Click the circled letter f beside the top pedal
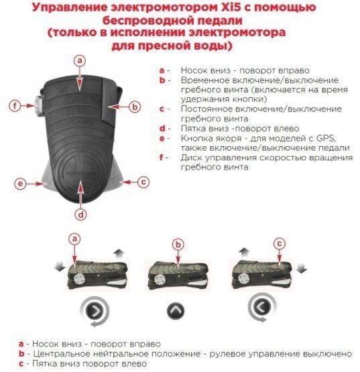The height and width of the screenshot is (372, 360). (15, 105)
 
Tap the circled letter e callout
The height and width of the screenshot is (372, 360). (20, 184)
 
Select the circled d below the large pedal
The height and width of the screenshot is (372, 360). (80, 214)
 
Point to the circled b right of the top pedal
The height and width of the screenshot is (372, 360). (135, 107)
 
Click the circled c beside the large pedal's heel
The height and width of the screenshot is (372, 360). (143, 182)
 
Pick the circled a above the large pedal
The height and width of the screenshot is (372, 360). (80, 61)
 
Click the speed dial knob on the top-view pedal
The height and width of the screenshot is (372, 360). (39, 105)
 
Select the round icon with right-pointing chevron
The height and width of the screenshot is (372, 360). (95, 310)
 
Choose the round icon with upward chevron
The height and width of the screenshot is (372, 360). (176, 311)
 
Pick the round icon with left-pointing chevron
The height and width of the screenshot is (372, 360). (261, 306)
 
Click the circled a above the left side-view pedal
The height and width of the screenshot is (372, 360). (75, 239)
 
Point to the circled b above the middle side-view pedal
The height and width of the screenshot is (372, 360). (178, 245)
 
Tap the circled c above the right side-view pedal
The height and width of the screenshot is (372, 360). (280, 243)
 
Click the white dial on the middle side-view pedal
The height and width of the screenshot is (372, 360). (160, 280)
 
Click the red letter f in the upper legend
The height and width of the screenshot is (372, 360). (162, 158)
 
